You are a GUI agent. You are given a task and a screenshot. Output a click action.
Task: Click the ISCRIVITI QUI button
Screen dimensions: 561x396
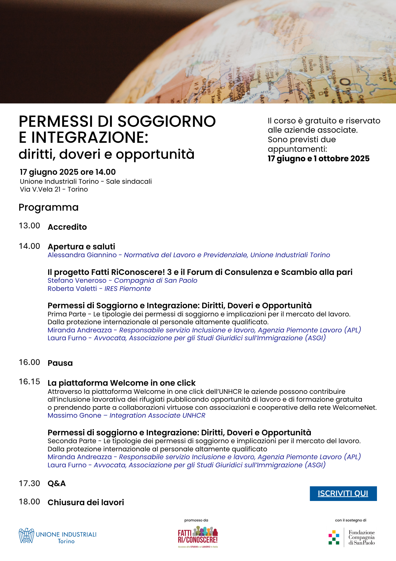coord(343,493)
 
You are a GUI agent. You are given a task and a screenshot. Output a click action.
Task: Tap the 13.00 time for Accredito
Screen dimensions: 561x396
coord(29,226)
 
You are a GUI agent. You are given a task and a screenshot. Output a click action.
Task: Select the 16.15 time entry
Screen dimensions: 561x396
coord(29,382)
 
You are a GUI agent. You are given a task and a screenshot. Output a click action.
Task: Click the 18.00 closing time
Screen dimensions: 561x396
coord(29,502)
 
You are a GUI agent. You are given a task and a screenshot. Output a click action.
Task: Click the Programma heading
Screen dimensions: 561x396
coord(48,208)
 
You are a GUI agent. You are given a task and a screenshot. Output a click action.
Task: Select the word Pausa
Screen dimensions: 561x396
coord(60,363)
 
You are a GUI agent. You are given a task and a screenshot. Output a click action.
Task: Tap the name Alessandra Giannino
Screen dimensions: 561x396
coord(82,255)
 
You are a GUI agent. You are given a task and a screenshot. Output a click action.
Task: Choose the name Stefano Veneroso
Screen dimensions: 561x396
coord(77,280)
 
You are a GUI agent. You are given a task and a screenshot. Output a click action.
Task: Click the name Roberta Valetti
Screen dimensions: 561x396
coord(72,289)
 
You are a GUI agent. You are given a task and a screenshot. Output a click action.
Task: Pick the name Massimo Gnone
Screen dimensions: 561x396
coord(74,415)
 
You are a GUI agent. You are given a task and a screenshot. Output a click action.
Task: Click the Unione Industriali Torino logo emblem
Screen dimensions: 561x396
coord(26,536)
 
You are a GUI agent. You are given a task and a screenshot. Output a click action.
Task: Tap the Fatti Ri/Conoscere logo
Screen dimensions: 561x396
coord(198,537)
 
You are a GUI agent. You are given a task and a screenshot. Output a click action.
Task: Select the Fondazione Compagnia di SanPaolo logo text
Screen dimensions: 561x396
coord(361,537)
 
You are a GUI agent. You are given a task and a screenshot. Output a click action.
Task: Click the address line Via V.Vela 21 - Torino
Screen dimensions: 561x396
coord(54,189)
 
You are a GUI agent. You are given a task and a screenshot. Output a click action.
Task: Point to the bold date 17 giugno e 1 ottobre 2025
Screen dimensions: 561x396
coord(318,159)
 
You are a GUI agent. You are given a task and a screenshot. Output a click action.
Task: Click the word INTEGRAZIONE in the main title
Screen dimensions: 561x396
coord(90,138)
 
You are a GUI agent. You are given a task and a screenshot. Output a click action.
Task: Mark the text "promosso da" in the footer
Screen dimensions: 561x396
coord(196,520)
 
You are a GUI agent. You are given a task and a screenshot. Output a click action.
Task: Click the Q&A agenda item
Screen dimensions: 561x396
coord(57,484)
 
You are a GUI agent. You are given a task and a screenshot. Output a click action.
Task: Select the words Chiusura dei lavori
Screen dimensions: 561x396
coord(86,502)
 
